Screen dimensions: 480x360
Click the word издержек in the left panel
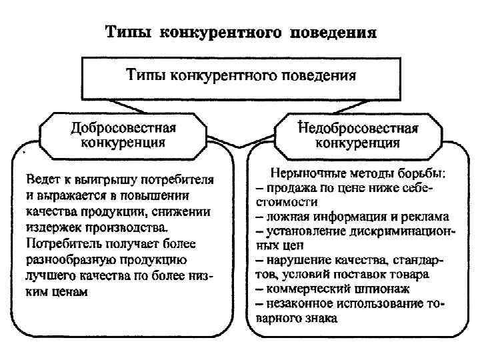pyautogui.click(x=54, y=228)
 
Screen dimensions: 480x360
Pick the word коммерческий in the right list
pyautogui.click(x=307, y=289)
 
